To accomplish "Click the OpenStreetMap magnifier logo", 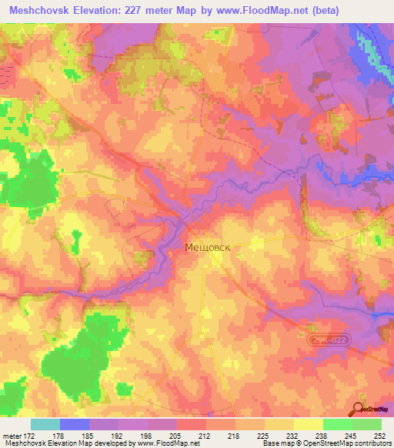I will [359, 410].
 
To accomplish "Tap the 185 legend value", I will [89, 435].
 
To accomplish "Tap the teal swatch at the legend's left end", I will [45, 423].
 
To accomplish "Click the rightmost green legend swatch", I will [366, 423].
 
